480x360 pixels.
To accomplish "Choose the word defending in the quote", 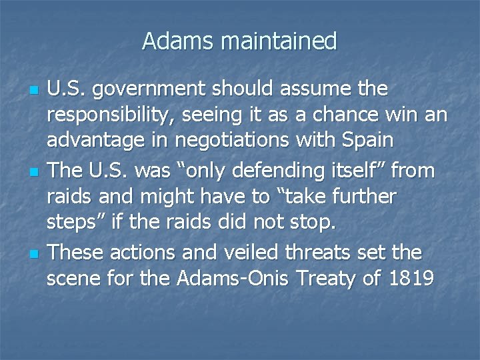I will (270, 171).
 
